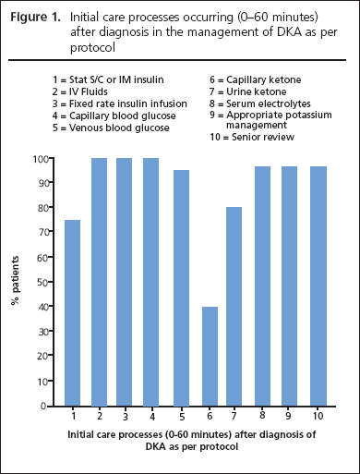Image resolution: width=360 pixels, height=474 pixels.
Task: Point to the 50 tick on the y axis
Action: (x=47, y=282)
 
